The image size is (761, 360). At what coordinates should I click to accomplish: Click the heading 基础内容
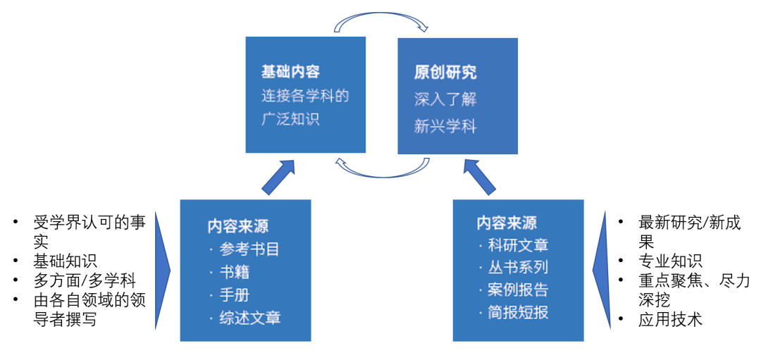290,72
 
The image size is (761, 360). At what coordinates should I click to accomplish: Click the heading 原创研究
445,72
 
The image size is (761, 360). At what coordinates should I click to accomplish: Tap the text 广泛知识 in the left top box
290,119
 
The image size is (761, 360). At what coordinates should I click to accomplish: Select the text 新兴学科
445,127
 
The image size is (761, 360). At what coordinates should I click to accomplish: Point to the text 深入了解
445,99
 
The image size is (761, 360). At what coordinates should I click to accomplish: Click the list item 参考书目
245,249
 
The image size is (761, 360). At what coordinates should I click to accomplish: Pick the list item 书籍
234,272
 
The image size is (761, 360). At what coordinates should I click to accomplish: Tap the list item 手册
234,294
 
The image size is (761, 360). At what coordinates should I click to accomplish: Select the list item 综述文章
249,318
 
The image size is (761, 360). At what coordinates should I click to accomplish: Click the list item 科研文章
517,245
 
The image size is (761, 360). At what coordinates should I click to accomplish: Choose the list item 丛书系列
517,268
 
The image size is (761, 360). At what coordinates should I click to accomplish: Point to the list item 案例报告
517,290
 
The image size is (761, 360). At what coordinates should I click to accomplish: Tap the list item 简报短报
517,313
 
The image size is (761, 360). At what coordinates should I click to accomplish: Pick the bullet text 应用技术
670,319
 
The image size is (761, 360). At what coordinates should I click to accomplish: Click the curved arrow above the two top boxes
381,24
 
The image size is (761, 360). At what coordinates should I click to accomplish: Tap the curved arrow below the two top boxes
381,168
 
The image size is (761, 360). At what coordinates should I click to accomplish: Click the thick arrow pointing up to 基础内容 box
280,178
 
